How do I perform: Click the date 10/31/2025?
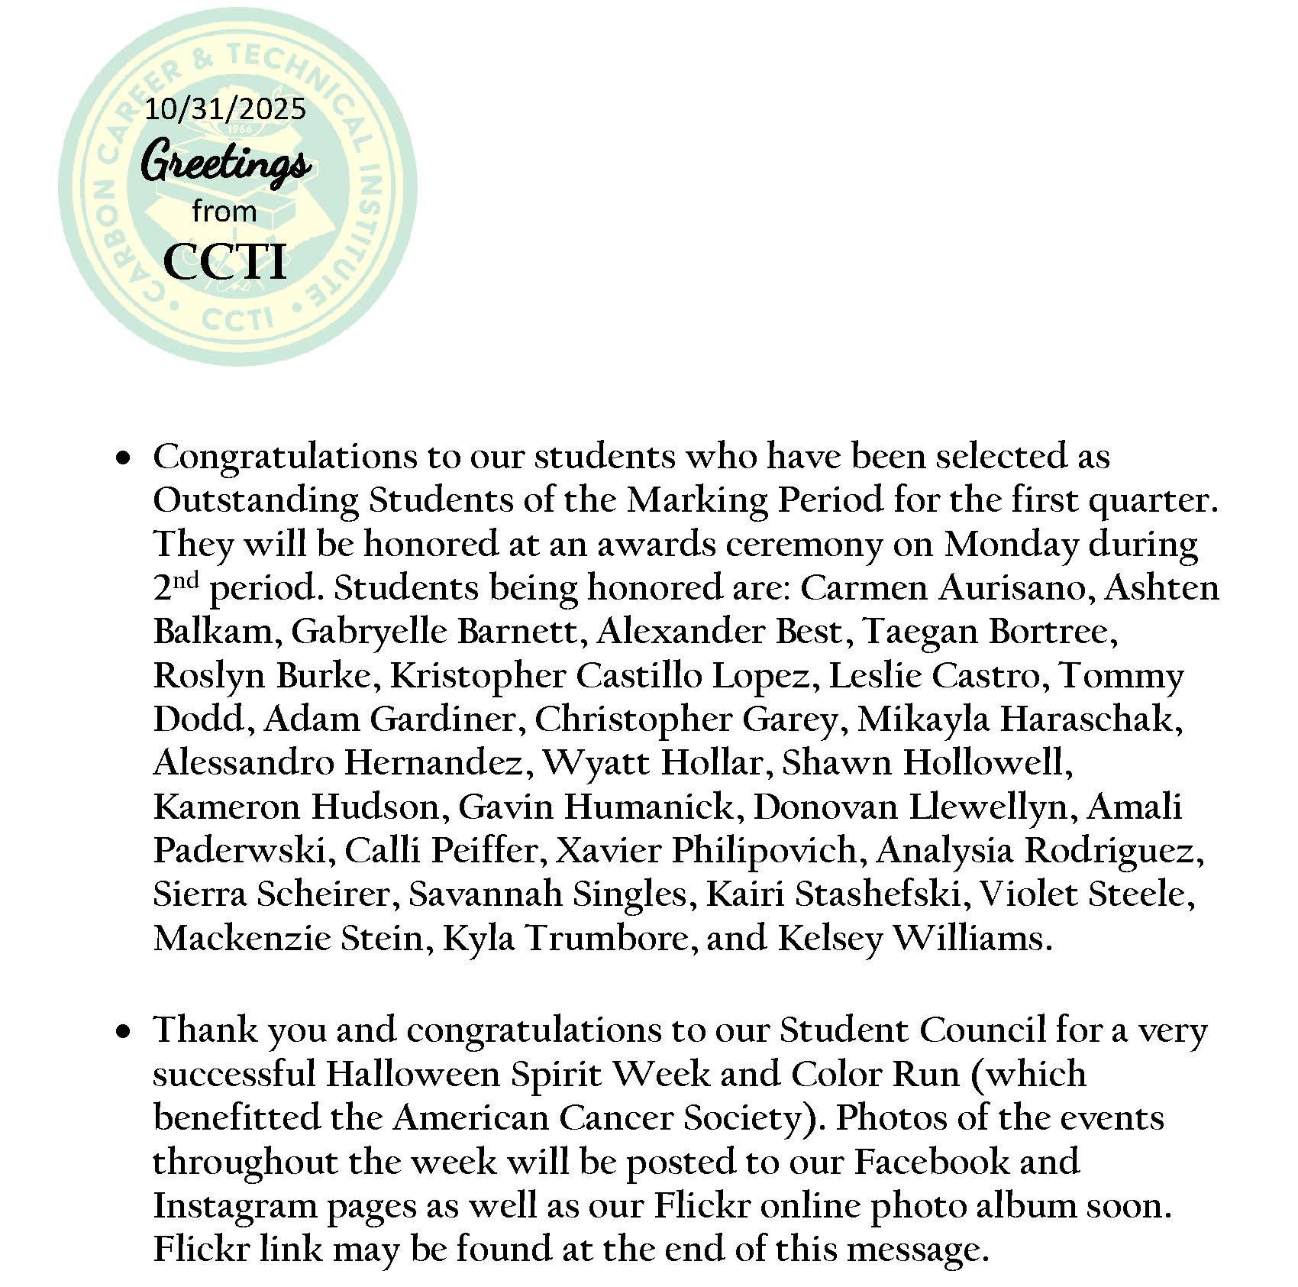(x=224, y=109)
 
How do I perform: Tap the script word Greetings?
(x=226, y=163)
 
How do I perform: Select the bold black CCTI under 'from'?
(x=225, y=262)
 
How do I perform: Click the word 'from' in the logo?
(x=224, y=211)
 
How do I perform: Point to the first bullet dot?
(x=121, y=459)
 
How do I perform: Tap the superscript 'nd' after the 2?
(x=186, y=580)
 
